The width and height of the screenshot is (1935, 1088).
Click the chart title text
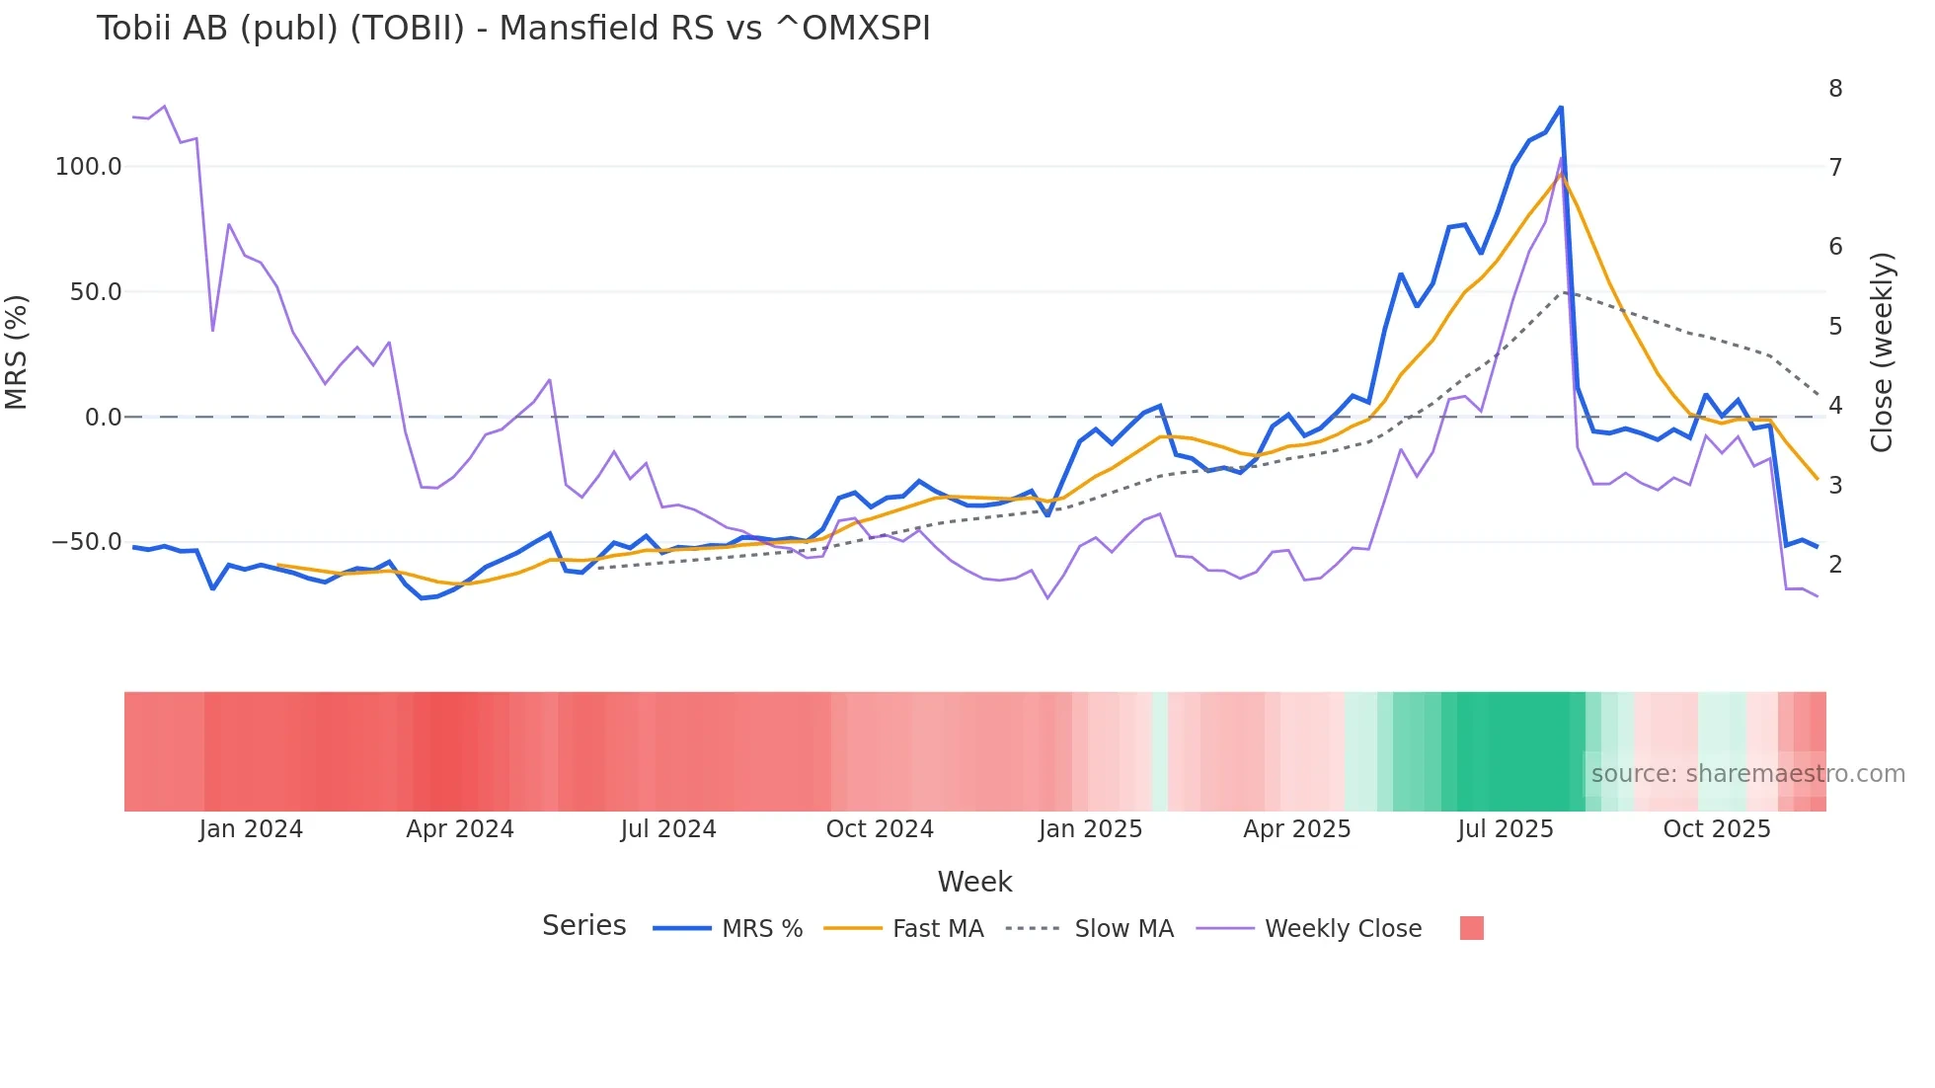513,29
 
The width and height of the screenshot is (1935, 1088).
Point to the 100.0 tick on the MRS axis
88,167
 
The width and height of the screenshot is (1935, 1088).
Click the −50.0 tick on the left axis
86,542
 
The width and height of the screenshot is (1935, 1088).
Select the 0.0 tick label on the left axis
103,418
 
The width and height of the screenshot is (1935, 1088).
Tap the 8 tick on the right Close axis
1835,89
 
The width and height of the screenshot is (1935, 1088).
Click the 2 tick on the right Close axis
1835,565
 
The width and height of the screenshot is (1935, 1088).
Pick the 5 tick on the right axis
1835,327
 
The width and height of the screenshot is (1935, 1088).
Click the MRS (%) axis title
17,352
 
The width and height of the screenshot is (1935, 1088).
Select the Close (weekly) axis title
1882,352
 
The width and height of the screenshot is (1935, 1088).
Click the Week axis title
974,882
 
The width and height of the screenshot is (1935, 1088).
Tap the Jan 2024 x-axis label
251,829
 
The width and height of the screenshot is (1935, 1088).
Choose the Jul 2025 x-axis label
1506,829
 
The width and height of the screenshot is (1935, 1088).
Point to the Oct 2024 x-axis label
880,829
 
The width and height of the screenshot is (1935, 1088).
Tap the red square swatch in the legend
1471,928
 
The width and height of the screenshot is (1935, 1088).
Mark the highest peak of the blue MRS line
1561,107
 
